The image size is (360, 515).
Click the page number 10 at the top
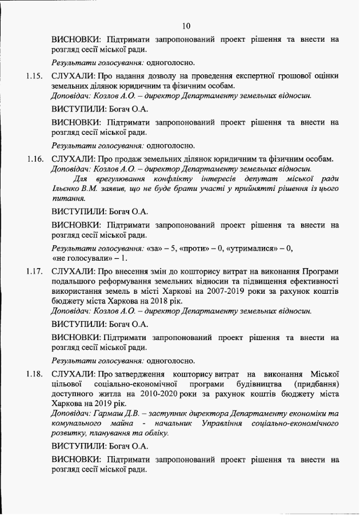[186, 26]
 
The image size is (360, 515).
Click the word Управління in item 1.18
[222, 424]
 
